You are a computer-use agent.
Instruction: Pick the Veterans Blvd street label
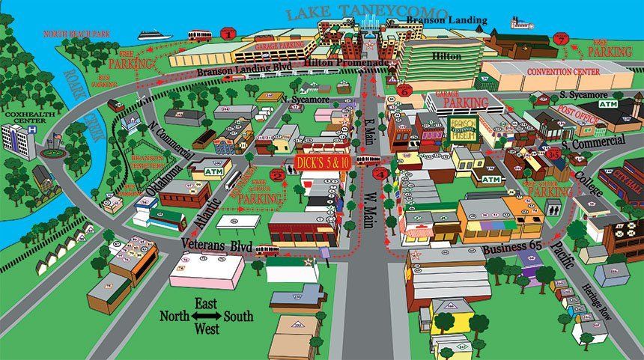[x=216, y=245]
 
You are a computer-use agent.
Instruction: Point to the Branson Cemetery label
[x=147, y=164]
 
